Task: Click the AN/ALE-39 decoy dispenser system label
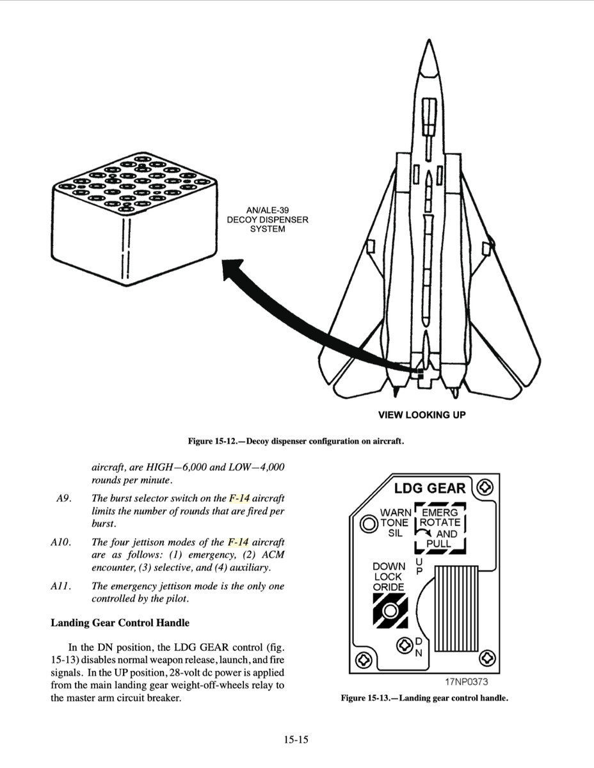pyautogui.click(x=268, y=220)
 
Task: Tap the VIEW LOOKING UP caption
pyautogui.click(x=422, y=415)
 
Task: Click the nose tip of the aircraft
pyautogui.click(x=427, y=43)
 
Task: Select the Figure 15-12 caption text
pyautogui.click(x=296, y=441)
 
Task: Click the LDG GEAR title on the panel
pyautogui.click(x=429, y=488)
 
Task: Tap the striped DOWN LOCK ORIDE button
pyautogui.click(x=390, y=611)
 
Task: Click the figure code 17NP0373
pyautogui.click(x=465, y=682)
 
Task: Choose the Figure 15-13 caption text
pyautogui.click(x=424, y=698)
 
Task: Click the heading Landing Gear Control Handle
pyautogui.click(x=120, y=623)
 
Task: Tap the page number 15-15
pyautogui.click(x=296, y=740)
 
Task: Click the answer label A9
pyautogui.click(x=63, y=498)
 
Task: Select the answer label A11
pyautogui.click(x=62, y=586)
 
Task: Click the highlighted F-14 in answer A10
pyautogui.click(x=238, y=542)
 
